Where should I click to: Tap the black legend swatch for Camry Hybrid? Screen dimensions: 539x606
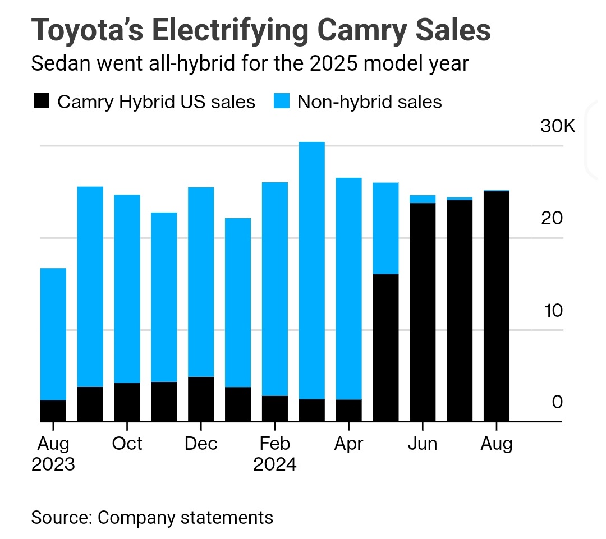(42, 102)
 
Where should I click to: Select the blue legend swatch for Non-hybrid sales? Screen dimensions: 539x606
(282, 102)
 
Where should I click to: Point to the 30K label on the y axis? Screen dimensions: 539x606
(558, 126)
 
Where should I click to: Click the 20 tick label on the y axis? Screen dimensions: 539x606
(552, 218)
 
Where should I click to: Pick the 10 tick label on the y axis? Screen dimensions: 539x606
(552, 310)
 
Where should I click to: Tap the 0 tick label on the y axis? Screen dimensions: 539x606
(557, 402)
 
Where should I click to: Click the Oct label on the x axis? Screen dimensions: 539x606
(127, 444)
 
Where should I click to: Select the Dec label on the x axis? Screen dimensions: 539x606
(201, 444)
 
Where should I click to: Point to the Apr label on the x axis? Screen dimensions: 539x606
(348, 444)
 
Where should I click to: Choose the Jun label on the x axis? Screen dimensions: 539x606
(422, 444)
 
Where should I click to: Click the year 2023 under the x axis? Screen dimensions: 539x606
(53, 465)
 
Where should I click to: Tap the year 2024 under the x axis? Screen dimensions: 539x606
(275, 465)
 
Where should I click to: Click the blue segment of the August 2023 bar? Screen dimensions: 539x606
(53, 334)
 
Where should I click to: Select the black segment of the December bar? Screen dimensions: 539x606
(201, 399)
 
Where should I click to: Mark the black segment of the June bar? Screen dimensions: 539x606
(423, 312)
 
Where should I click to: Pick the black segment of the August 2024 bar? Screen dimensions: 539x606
(497, 306)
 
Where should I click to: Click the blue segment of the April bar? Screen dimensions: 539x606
(348, 288)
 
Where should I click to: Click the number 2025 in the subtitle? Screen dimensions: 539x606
(325, 63)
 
